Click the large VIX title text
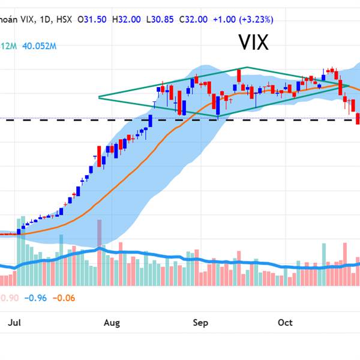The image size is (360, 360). tap(253, 43)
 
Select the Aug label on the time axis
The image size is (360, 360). tap(112, 323)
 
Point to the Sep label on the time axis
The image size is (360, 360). tap(200, 323)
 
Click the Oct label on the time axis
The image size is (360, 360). tap(285, 323)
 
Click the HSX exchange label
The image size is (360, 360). tap(64, 19)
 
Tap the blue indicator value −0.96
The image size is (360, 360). tap(37, 297)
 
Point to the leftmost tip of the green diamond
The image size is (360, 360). tap(99, 97)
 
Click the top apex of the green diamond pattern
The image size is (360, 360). tap(246, 68)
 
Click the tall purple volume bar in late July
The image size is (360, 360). tap(100, 233)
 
